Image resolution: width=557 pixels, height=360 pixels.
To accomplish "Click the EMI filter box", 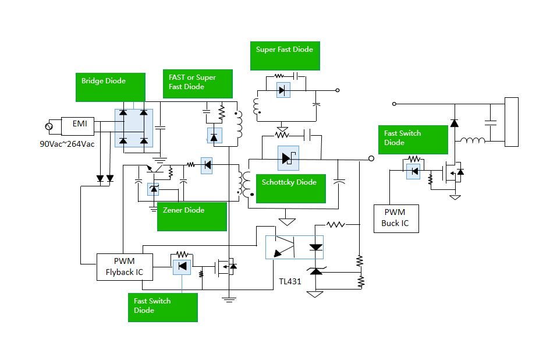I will click(80, 123).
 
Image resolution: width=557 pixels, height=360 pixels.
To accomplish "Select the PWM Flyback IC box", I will click(125, 267).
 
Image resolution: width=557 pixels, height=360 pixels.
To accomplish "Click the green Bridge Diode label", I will click(111, 87).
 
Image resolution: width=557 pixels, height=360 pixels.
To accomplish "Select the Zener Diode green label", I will click(191, 216).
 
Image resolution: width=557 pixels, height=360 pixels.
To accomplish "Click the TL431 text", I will click(290, 282).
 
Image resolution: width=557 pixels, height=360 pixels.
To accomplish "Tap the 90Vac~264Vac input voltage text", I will click(67, 143).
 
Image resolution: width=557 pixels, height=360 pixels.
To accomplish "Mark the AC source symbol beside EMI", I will click(49, 126).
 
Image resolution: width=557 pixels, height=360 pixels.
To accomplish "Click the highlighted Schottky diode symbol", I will click(288, 158).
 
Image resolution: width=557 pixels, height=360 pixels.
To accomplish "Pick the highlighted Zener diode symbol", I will click(154, 189).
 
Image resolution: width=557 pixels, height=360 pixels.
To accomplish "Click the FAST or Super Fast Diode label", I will click(197, 84).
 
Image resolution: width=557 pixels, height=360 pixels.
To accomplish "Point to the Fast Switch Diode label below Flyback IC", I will click(162, 307).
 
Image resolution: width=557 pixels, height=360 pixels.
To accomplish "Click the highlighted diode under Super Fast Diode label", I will click(283, 90).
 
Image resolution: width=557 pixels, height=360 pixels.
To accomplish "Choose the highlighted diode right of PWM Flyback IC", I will click(182, 267).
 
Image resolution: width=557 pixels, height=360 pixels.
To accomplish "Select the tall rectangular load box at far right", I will click(511, 122).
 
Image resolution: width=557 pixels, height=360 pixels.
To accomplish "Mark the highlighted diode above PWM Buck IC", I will click(413, 171).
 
